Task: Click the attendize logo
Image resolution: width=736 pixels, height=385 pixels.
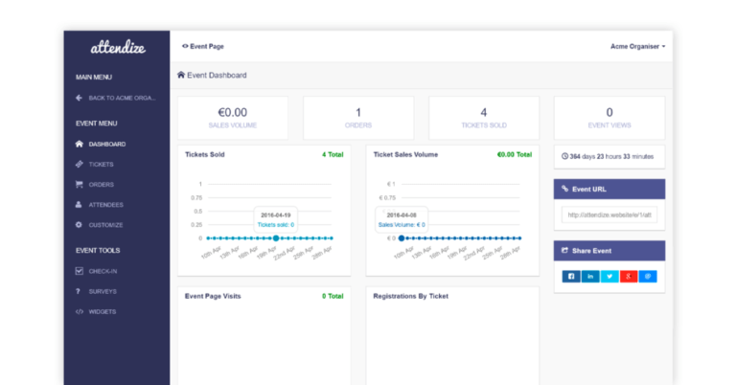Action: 117,46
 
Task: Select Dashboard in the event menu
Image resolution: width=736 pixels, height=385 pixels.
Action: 106,144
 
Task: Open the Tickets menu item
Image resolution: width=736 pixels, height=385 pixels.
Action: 101,164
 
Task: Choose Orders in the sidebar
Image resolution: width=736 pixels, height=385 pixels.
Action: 101,184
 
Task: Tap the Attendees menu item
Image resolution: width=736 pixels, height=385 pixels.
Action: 105,204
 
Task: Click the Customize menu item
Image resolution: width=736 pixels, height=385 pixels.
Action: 105,224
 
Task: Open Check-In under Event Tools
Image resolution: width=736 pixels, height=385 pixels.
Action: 103,270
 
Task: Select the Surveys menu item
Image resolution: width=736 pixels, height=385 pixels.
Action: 103,290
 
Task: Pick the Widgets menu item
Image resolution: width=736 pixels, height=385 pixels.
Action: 103,311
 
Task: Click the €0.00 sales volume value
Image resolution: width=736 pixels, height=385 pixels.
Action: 232,112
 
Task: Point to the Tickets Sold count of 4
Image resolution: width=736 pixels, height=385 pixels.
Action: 483,112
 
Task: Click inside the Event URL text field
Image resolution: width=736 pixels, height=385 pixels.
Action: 609,215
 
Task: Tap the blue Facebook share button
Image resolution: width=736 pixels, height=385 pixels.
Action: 571,276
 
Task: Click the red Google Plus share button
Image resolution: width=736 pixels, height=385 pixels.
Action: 629,276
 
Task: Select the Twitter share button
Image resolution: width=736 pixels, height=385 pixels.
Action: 609,276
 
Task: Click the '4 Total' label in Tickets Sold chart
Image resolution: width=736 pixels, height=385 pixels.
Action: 332,154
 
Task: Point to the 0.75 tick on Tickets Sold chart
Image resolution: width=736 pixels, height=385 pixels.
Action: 195,197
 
